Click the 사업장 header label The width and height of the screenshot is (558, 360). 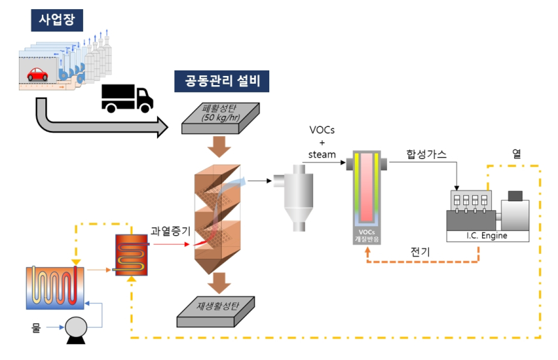click(x=57, y=20)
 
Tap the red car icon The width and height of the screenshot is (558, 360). click(x=38, y=75)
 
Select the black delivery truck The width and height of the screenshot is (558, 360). click(x=127, y=98)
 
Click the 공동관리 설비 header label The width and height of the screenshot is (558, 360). click(x=222, y=81)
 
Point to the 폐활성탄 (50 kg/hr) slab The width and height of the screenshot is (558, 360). click(x=220, y=118)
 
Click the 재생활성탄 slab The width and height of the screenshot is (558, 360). click(x=216, y=312)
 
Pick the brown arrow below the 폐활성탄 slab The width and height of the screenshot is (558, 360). click(x=219, y=147)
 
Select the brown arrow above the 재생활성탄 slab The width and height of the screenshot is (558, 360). click(x=219, y=283)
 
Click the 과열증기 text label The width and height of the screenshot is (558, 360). click(x=170, y=231)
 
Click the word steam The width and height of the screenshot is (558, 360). click(x=322, y=155)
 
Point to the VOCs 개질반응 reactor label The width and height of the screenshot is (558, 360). click(x=367, y=236)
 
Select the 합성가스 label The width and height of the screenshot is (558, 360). click(x=426, y=154)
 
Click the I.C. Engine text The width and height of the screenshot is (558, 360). click(x=487, y=236)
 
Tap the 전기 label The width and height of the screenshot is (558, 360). click(x=421, y=252)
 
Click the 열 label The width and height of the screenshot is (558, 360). click(x=516, y=153)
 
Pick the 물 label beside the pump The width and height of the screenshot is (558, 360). click(x=36, y=327)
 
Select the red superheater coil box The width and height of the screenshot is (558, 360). click(x=131, y=255)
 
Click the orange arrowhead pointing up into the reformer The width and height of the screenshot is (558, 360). click(x=368, y=250)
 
